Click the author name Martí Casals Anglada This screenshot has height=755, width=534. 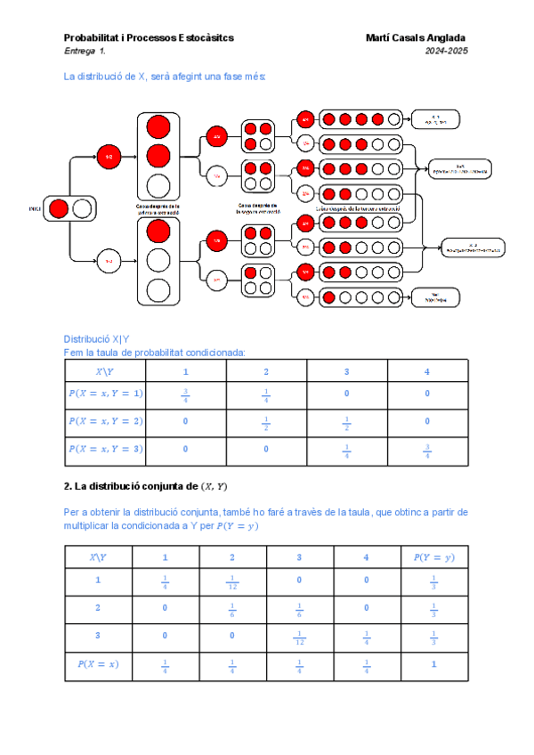coord(416,37)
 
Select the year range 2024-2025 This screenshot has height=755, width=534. coord(447,52)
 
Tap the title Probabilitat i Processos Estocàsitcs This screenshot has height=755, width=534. coord(149,37)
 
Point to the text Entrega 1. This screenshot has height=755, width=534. coord(85,52)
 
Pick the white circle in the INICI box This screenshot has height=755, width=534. coord(82,208)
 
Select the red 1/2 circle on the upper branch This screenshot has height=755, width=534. coord(109,156)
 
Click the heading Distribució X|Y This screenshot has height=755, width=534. coord(96,339)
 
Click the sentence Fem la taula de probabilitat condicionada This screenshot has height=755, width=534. coord(154,352)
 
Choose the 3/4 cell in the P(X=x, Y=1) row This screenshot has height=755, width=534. coord(185,394)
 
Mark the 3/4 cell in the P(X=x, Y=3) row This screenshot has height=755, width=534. coord(427,451)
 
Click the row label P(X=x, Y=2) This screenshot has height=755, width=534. coord(106,422)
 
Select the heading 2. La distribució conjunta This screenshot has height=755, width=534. coord(146,486)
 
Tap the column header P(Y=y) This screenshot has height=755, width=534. coord(433,557)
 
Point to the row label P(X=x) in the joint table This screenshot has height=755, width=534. coord(98,664)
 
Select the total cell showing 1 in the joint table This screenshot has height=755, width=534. coord(433,664)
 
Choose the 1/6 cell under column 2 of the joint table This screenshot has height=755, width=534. coord(231,611)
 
